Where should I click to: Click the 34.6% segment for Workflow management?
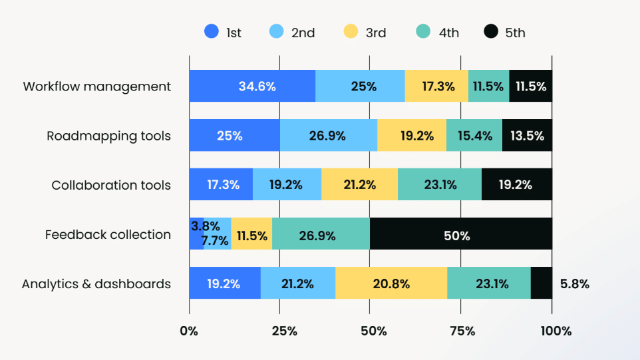(252, 86)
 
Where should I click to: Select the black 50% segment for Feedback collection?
(460, 234)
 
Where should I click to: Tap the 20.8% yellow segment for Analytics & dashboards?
(391, 283)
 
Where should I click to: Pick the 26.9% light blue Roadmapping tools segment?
(328, 136)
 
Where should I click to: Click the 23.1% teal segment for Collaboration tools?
(439, 185)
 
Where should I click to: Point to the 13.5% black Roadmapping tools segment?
(527, 136)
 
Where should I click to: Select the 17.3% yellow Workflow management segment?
(436, 86)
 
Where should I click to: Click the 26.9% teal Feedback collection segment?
(321, 234)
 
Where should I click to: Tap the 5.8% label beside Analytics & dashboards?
(575, 284)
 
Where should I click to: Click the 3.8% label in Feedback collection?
(205, 226)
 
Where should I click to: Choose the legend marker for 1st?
(212, 32)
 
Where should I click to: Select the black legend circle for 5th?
(491, 32)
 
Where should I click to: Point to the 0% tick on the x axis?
(189, 331)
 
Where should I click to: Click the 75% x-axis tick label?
(462, 331)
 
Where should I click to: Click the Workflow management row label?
(96, 87)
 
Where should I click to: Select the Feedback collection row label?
(108, 234)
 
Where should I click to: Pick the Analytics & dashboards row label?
(96, 284)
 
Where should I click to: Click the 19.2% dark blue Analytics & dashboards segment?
(224, 283)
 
